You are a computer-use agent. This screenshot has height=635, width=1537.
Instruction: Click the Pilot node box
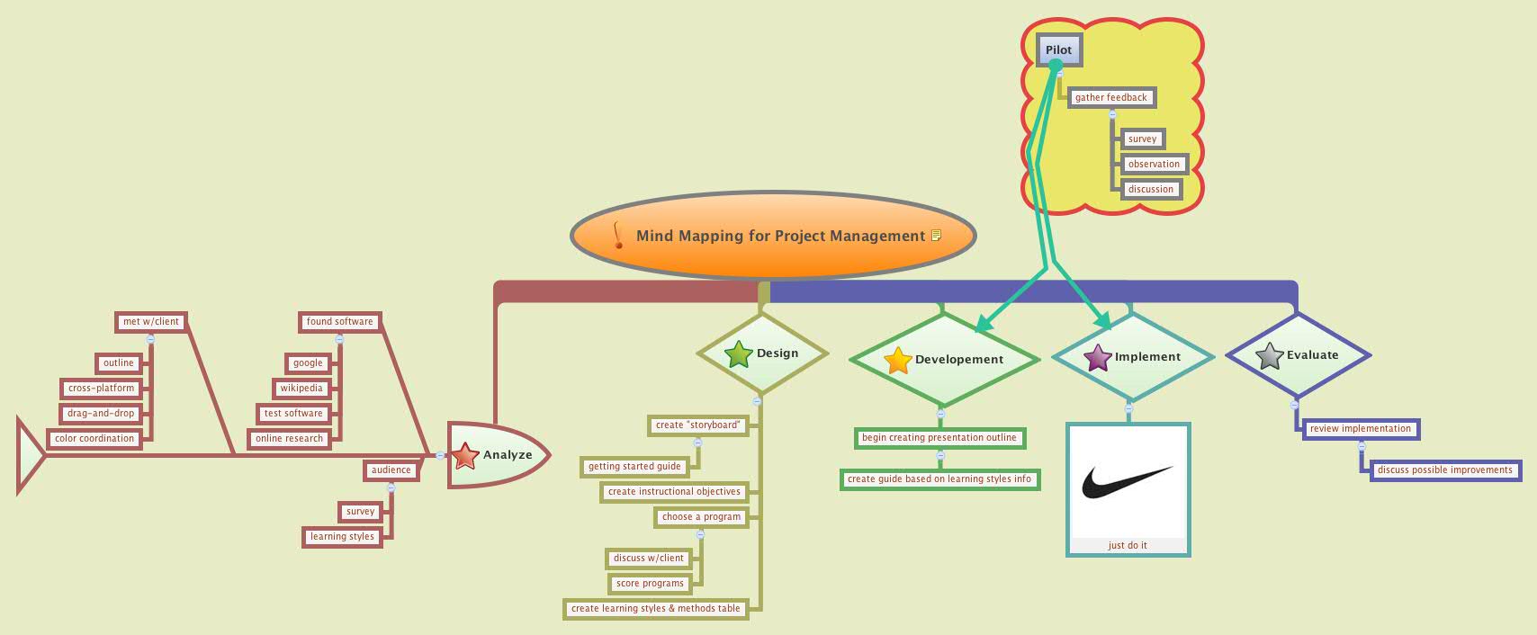pos(1058,50)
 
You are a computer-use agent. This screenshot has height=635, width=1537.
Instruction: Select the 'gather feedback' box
pos(1110,97)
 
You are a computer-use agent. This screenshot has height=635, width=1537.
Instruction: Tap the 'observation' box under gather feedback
pos(1153,164)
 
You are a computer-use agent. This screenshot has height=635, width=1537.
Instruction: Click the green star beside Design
pos(738,354)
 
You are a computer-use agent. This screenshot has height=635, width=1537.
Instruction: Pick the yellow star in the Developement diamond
pos(898,361)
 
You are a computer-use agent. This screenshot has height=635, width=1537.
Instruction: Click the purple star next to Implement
pos(1098,358)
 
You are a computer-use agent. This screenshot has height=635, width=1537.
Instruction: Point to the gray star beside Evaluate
pos(1269,356)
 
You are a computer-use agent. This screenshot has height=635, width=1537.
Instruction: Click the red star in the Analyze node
pos(465,456)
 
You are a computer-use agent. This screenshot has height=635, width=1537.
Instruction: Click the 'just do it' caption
pos(1127,545)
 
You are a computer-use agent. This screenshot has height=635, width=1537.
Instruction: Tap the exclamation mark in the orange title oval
pos(617,236)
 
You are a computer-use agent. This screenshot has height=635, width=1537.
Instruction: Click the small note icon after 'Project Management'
pos(936,236)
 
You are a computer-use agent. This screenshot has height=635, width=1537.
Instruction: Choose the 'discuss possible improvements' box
pos(1444,470)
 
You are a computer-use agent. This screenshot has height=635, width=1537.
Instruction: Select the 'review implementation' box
pos(1360,428)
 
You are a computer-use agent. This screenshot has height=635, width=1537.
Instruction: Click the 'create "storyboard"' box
pos(697,425)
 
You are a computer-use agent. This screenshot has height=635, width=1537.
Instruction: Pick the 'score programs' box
pos(650,583)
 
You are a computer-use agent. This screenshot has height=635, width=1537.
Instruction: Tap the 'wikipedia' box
pos(301,388)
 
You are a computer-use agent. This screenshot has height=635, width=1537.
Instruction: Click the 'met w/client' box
pos(151,321)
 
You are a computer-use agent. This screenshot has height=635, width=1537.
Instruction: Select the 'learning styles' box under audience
pos(342,536)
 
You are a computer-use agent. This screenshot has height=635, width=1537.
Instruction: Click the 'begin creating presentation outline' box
pos(939,437)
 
